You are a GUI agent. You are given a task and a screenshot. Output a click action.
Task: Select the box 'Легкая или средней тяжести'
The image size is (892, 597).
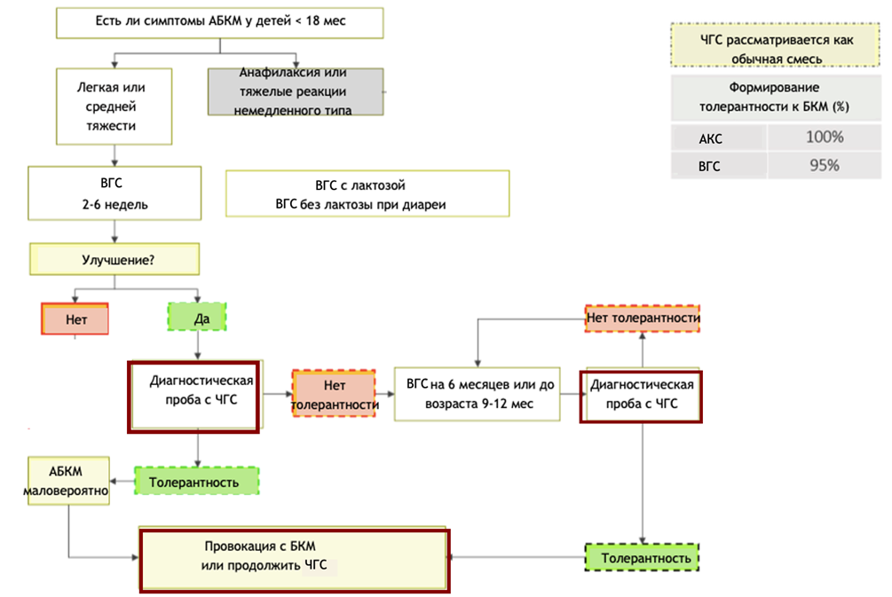click(113, 106)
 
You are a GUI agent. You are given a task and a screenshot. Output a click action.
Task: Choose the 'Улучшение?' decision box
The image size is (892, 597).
click(114, 261)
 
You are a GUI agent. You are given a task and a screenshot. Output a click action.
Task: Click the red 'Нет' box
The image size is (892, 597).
click(75, 319)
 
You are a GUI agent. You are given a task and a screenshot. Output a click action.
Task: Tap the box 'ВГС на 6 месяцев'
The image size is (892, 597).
click(477, 394)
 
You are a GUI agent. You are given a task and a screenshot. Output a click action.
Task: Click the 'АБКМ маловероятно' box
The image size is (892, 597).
click(68, 481)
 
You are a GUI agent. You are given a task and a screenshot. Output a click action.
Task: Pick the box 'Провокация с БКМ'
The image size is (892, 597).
click(294, 559)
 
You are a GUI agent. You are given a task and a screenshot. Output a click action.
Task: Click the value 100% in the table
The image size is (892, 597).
click(824, 137)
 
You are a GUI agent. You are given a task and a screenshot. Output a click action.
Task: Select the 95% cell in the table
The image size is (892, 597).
click(824, 166)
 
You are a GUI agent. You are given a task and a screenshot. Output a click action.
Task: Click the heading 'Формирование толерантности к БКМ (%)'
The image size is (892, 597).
click(773, 98)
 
